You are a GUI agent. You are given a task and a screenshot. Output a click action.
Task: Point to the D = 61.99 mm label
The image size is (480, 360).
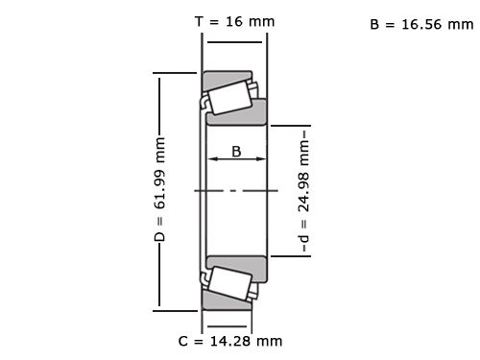point(160,189)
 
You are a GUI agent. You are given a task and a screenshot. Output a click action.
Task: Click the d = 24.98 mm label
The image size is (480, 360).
point(304,190)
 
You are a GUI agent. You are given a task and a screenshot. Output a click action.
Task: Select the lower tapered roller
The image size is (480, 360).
point(229,284)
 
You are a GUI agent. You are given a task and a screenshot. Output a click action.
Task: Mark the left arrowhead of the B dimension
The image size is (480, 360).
point(213,161)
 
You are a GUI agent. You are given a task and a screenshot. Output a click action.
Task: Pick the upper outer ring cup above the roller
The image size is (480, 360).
point(226,75)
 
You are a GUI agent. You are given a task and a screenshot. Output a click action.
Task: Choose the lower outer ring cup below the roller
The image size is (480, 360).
point(226,304)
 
